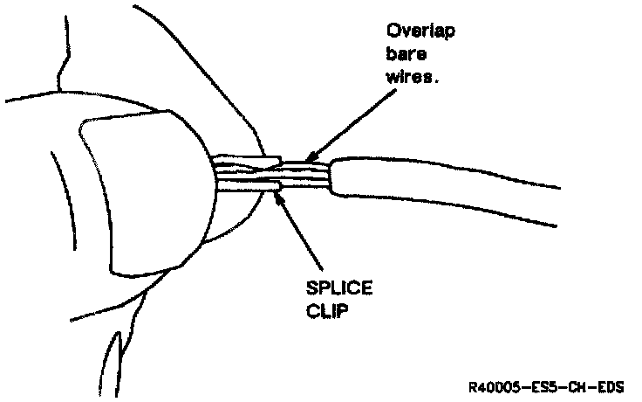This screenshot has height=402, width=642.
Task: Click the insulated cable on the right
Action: point(436,187)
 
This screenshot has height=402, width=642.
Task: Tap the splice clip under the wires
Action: point(262,184)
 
